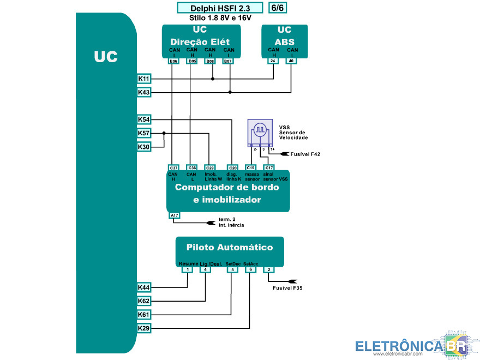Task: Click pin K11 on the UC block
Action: pyautogui.click(x=144, y=79)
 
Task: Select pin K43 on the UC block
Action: pyautogui.click(x=144, y=93)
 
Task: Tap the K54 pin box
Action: pyautogui.click(x=144, y=119)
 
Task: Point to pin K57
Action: pyautogui.click(x=144, y=133)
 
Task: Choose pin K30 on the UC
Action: pyautogui.click(x=144, y=147)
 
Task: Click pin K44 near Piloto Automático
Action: pyautogui.click(x=144, y=287)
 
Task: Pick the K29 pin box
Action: pyautogui.click(x=144, y=328)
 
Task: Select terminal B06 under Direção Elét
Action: pyautogui.click(x=173, y=61)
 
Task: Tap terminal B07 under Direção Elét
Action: pyautogui.click(x=229, y=61)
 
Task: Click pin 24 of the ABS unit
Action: pyautogui.click(x=273, y=61)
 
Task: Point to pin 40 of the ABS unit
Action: pyautogui.click(x=291, y=61)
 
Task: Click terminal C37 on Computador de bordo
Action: pyautogui.click(x=174, y=167)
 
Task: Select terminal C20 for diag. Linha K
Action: pyautogui.click(x=232, y=167)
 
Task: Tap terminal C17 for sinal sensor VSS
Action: pyautogui.click(x=268, y=167)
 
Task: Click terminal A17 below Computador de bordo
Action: pyautogui.click(x=174, y=215)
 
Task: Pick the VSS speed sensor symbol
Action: pyautogui.click(x=261, y=131)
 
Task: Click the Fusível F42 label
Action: pyautogui.click(x=306, y=154)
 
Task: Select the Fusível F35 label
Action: pyautogui.click(x=287, y=287)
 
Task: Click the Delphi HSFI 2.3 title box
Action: pyautogui.click(x=220, y=8)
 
